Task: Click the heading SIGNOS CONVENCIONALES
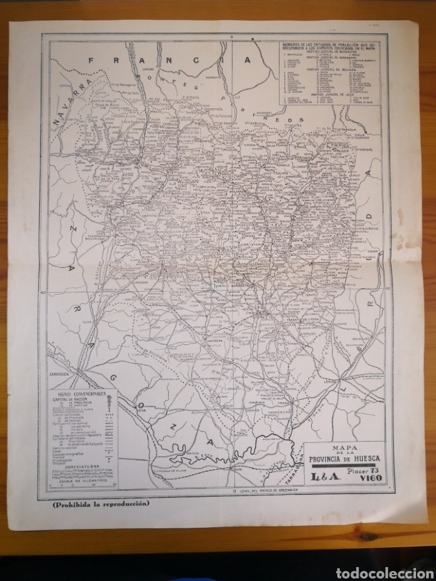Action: coord(79,394)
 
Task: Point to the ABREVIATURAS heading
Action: coord(79,458)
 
